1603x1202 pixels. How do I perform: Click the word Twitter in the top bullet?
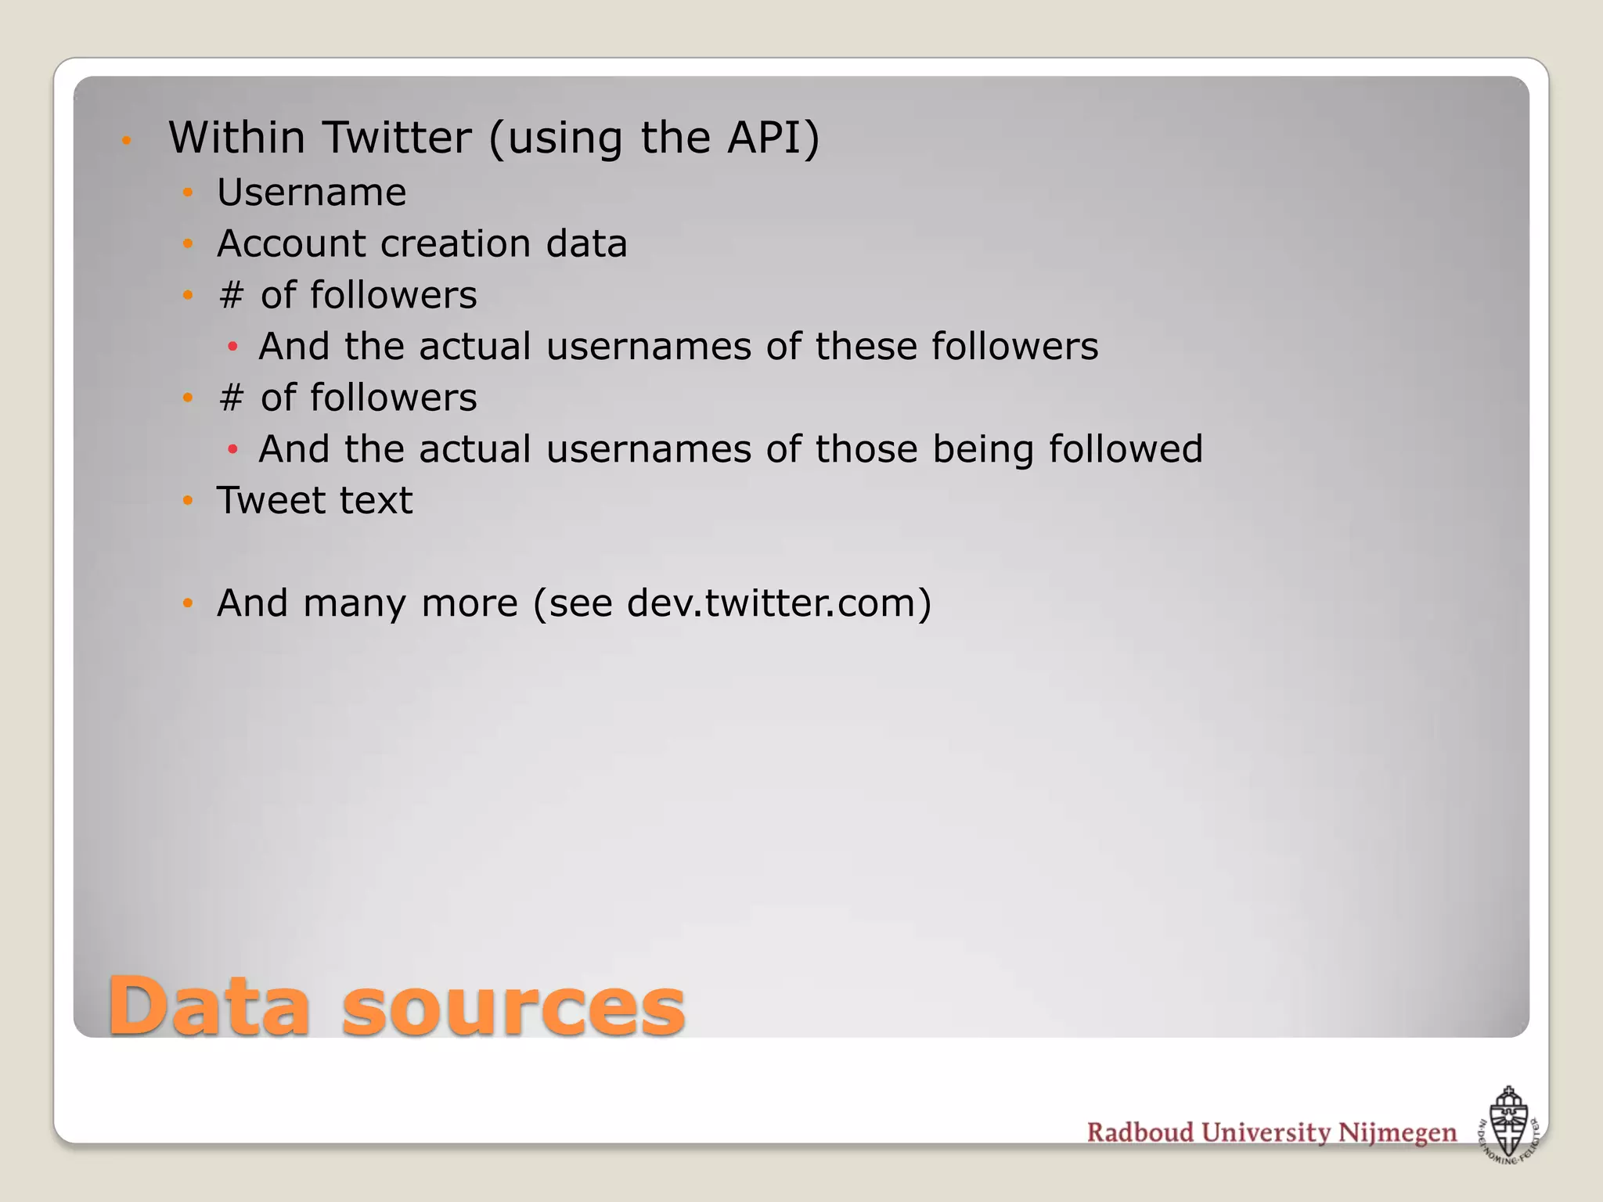coord(397,138)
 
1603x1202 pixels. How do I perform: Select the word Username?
coord(312,193)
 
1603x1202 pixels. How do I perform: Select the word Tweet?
coord(273,500)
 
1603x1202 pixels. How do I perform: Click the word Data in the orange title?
coord(209,1007)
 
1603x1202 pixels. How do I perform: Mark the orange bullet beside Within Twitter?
coord(126,141)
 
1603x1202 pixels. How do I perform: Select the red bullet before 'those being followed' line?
coord(232,449)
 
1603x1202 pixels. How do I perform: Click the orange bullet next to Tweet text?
coord(188,500)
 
